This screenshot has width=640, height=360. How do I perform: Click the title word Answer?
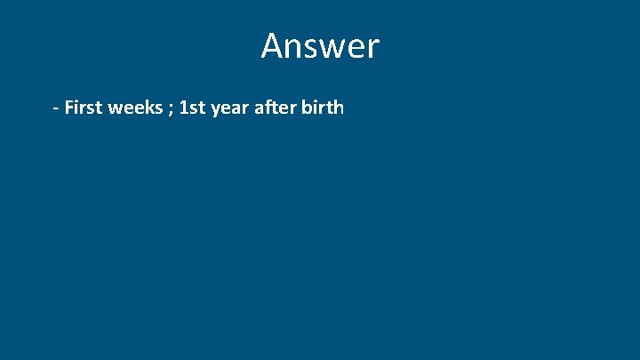coord(320,46)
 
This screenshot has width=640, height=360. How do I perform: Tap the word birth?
coord(322,108)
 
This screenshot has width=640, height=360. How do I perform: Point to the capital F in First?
coord(69,108)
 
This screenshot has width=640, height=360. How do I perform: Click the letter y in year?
coord(214,111)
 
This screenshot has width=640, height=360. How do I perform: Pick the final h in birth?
coord(338,108)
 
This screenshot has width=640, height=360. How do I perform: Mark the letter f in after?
coord(266,108)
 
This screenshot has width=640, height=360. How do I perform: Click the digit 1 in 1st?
coord(183,108)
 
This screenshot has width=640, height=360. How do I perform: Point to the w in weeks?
coord(116,109)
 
